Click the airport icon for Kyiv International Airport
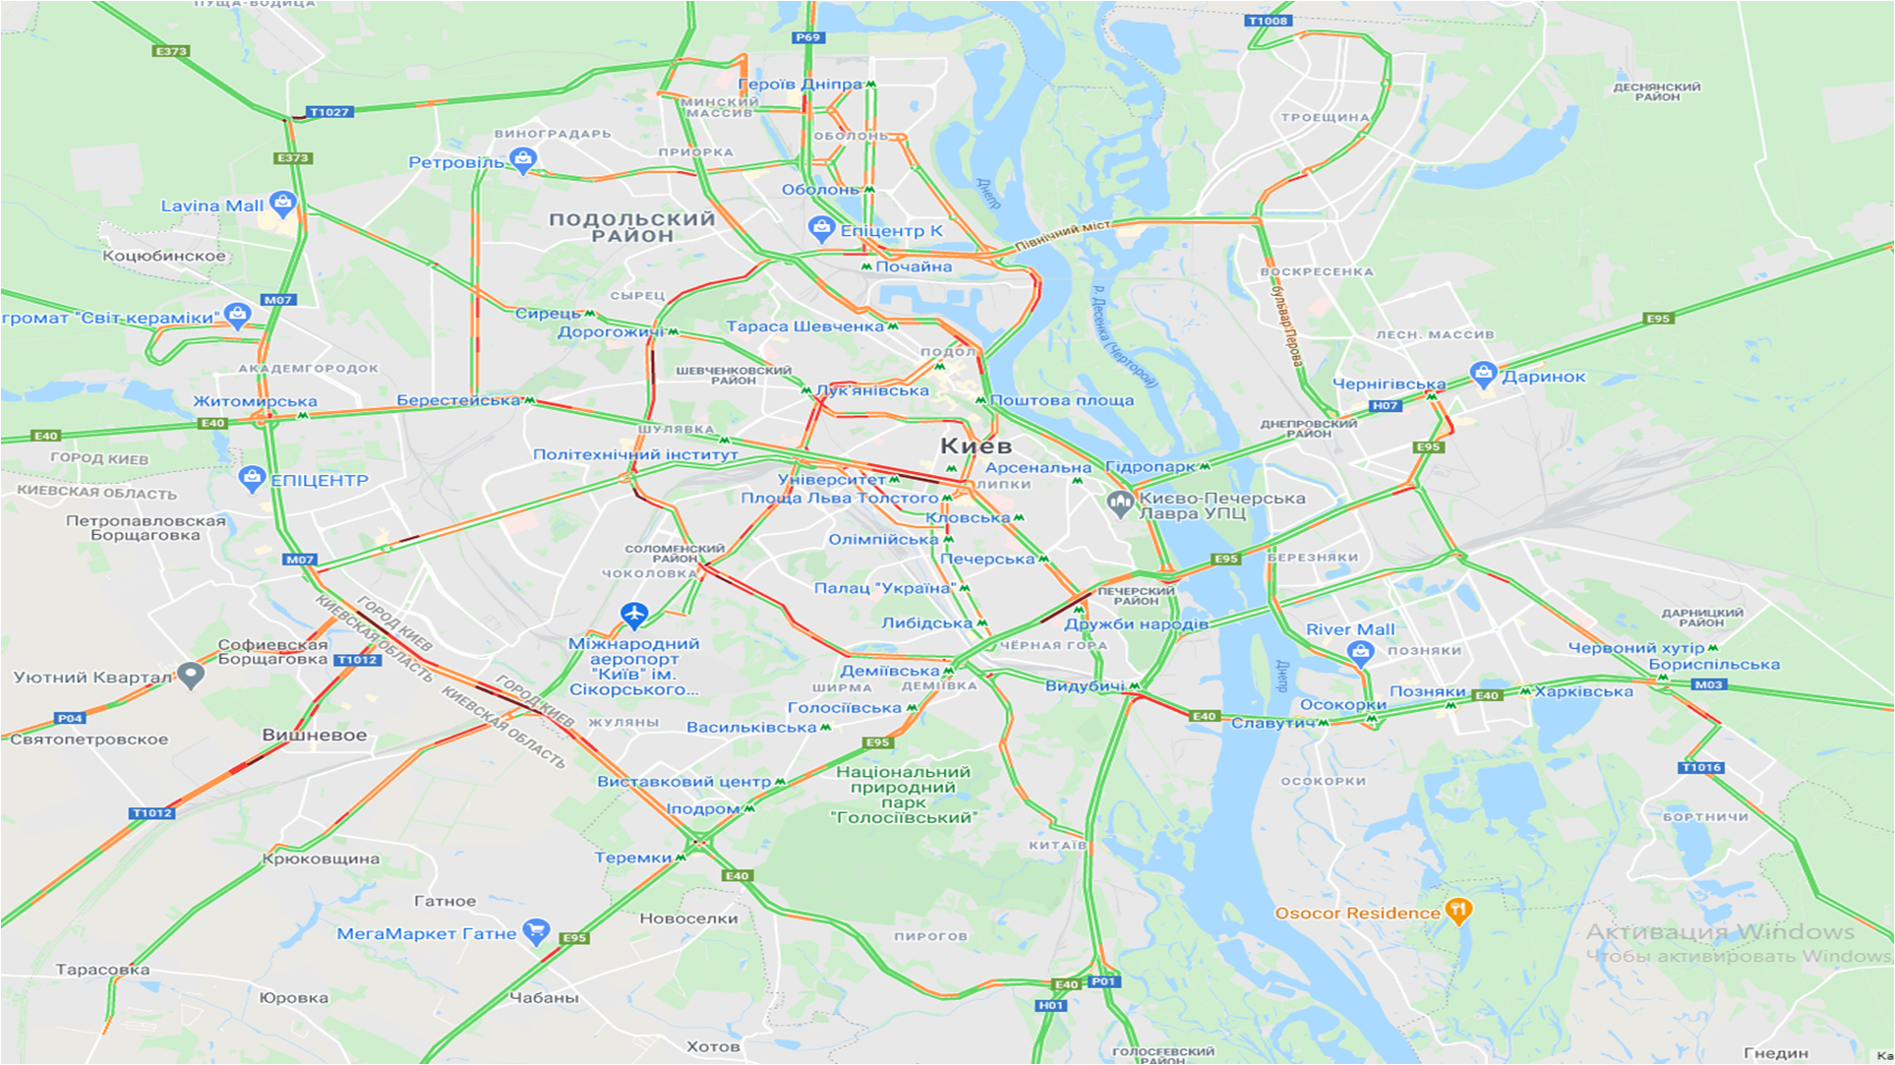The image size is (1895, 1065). coord(634,616)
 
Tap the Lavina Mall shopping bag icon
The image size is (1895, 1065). coord(282,204)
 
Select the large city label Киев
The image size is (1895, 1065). coord(976,445)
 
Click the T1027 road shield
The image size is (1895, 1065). coord(329,112)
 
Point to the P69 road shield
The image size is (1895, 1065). coord(807,37)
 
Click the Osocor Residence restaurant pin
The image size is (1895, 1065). coord(1458,911)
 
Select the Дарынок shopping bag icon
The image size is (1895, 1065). coord(1483,374)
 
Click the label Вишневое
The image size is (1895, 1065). coord(315,735)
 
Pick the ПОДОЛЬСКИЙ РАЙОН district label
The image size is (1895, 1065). coord(632,227)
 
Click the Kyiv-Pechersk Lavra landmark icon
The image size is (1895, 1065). coord(1119,503)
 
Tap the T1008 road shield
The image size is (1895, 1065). coord(1267,21)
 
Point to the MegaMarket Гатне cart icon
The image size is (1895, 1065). coord(536,930)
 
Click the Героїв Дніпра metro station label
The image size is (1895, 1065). coord(799,85)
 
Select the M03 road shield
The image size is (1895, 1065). coord(1708,684)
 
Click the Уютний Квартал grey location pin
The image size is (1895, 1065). coord(191,676)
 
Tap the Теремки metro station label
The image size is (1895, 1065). coord(632,858)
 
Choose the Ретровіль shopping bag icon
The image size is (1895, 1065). coord(523,159)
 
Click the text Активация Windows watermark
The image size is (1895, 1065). coord(1719,931)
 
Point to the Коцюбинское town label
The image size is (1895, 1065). coord(164,256)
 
